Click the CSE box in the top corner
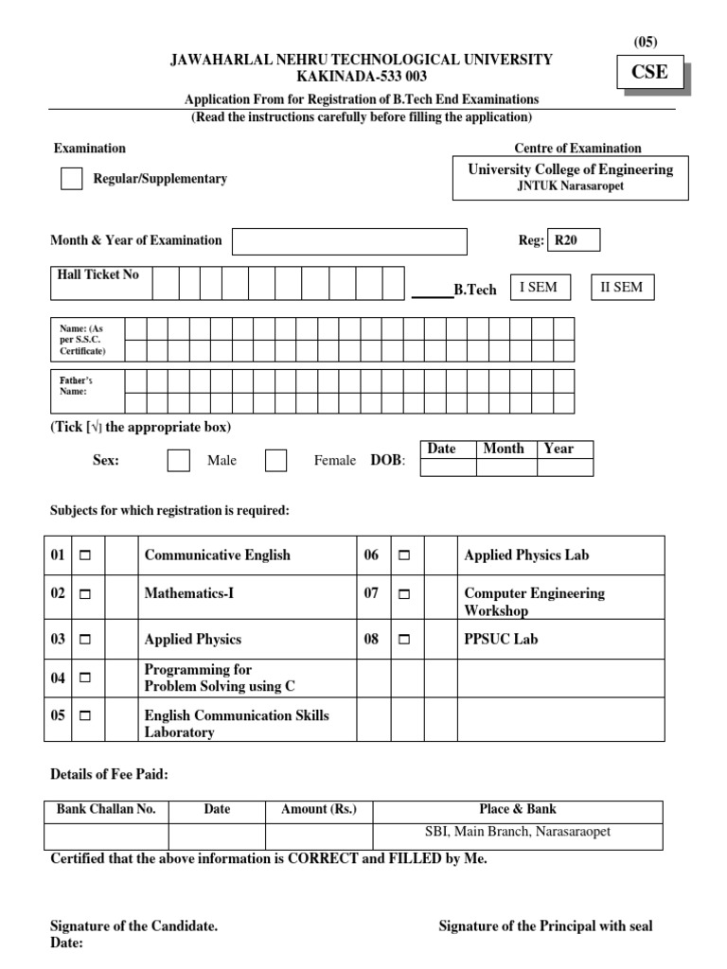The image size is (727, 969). (x=649, y=73)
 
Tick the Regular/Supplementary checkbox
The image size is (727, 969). (x=72, y=179)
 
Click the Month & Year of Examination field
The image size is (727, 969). (x=349, y=241)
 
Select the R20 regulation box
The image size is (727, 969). (x=574, y=240)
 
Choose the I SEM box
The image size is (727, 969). (x=540, y=288)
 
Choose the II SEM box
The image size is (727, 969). (x=621, y=288)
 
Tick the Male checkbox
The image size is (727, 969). (x=178, y=461)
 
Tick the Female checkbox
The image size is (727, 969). (x=275, y=461)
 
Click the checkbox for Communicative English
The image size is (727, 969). (x=85, y=555)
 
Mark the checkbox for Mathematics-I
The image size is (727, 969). (x=85, y=594)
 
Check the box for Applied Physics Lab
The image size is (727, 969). (x=404, y=555)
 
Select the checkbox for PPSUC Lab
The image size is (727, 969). (x=404, y=640)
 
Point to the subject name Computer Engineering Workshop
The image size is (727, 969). (x=533, y=602)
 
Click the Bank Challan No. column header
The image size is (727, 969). (x=106, y=810)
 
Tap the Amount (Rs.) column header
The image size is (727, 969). (x=318, y=810)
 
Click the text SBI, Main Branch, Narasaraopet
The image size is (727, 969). (x=517, y=832)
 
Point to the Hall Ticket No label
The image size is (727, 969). (x=98, y=274)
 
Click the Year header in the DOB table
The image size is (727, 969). (x=559, y=449)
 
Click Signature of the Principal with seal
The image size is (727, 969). (x=545, y=926)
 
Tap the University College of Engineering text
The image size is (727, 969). (x=570, y=169)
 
